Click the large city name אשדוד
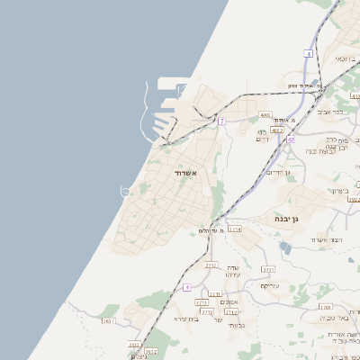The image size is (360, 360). (185, 172)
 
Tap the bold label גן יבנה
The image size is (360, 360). (292, 219)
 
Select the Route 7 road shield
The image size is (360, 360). (221, 121)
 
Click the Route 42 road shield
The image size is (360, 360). (290, 139)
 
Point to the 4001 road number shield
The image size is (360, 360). (265, 115)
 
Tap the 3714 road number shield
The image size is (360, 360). (235, 229)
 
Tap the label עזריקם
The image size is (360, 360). (270, 285)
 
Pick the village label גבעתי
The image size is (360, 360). (236, 325)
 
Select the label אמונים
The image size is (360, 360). (229, 301)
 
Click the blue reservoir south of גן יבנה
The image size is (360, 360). (285, 247)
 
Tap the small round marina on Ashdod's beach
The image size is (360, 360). (126, 191)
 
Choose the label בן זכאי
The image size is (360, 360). (347, 58)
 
